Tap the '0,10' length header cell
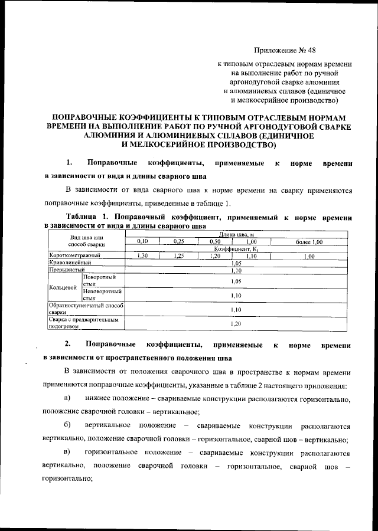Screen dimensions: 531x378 click(142, 242)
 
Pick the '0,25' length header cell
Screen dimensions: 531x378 click(179, 242)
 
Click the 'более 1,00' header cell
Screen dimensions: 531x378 click(309, 242)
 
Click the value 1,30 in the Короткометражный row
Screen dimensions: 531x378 click(142, 256)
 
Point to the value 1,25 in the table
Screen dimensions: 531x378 click(179, 256)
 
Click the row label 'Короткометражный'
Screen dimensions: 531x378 click(74, 256)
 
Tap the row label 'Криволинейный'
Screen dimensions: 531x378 click(70, 263)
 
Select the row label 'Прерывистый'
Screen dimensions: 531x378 click(66, 270)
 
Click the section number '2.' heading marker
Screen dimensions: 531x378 click(69, 344)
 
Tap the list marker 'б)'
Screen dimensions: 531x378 click(67, 425)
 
